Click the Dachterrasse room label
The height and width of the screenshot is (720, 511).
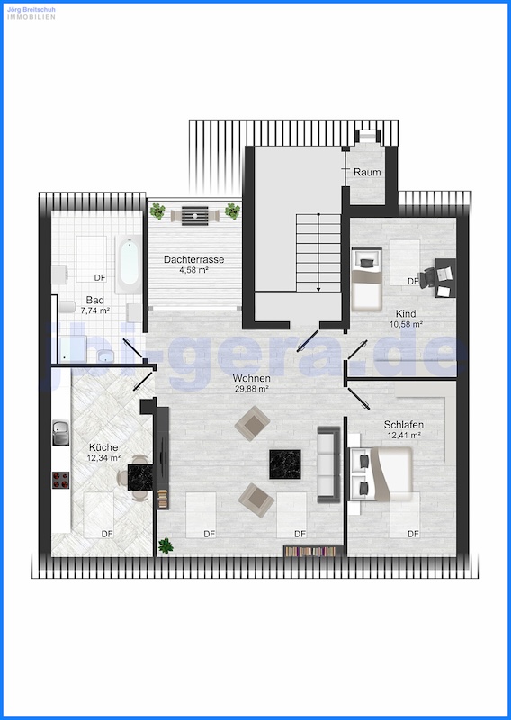click(193, 259)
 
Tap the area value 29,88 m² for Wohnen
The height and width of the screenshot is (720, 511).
click(251, 389)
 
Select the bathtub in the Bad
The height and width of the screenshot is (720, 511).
click(128, 265)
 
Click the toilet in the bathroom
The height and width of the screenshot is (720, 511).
click(67, 307)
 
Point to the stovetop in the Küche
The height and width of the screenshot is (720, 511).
click(60, 480)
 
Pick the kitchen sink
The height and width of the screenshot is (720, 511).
click(60, 433)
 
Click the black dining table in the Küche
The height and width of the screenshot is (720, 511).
click(140, 477)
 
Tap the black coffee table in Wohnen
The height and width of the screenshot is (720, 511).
click(285, 464)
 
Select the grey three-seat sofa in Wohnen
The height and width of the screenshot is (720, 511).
click(328, 464)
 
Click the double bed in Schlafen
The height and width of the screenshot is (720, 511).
click(381, 474)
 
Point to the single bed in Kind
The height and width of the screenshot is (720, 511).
click(367, 280)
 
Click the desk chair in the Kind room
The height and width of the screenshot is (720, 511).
click(428, 278)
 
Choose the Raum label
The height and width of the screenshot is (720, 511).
click(367, 173)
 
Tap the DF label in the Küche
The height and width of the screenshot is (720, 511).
click(107, 534)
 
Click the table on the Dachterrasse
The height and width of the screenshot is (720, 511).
click(194, 216)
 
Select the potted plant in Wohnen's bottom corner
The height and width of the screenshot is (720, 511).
click(166, 545)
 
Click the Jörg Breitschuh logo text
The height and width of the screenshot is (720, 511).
click(31, 9)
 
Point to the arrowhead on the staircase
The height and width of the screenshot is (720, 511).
click(318, 289)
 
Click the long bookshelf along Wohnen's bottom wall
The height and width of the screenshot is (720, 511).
click(314, 551)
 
